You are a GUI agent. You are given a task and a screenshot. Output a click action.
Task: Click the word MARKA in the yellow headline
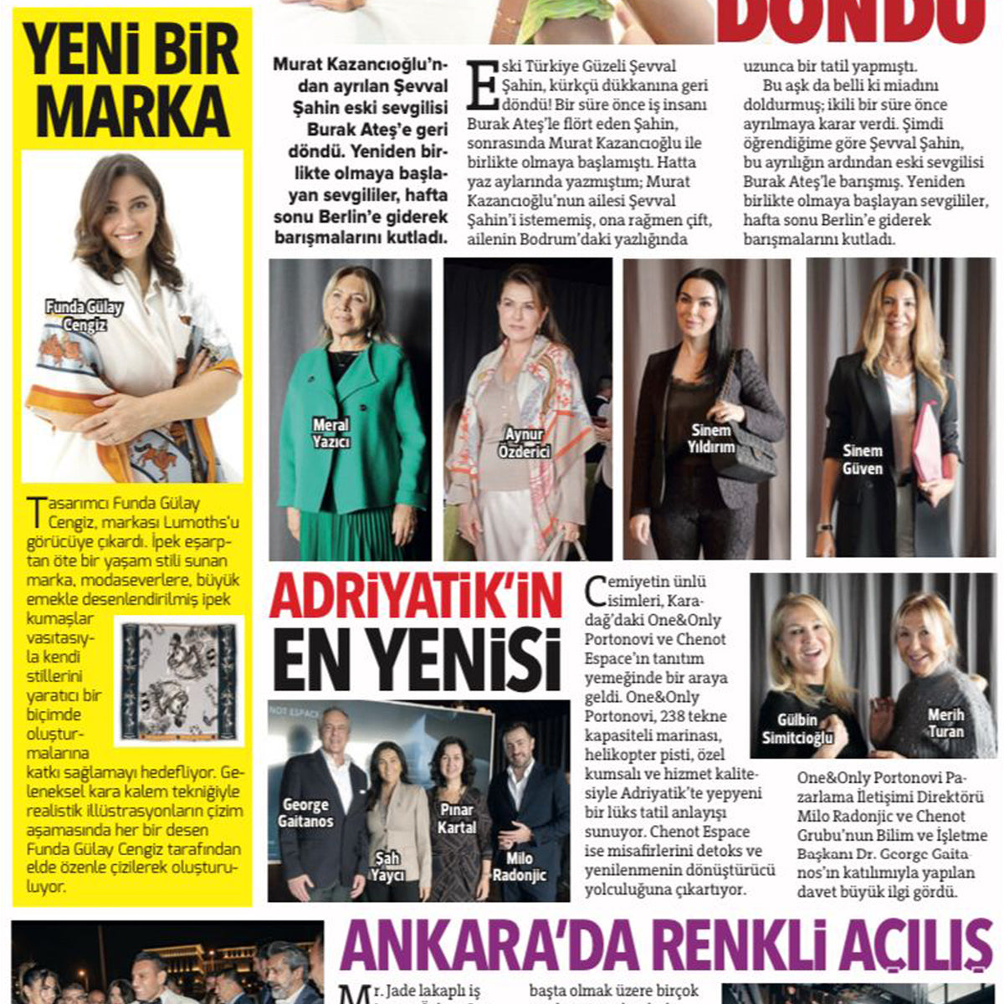coord(133,111)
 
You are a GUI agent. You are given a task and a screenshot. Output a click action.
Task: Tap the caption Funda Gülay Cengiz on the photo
coord(84,316)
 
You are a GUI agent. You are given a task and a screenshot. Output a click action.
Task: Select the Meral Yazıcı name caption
coord(331,433)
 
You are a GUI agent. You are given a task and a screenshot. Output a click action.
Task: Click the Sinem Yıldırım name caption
coord(712,438)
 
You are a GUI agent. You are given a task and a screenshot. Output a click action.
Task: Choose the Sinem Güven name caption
coord(862,459)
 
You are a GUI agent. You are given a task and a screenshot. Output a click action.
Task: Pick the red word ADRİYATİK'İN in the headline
coord(415,597)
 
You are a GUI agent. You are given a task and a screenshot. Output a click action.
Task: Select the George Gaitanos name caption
coord(305,813)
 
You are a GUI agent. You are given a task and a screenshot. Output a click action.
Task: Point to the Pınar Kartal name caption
coord(457,818)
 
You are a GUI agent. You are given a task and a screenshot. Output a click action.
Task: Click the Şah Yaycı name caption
coord(388,866)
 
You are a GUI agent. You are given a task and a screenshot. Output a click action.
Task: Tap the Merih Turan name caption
coord(945,724)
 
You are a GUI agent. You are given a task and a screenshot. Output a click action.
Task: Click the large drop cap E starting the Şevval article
coord(482,85)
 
